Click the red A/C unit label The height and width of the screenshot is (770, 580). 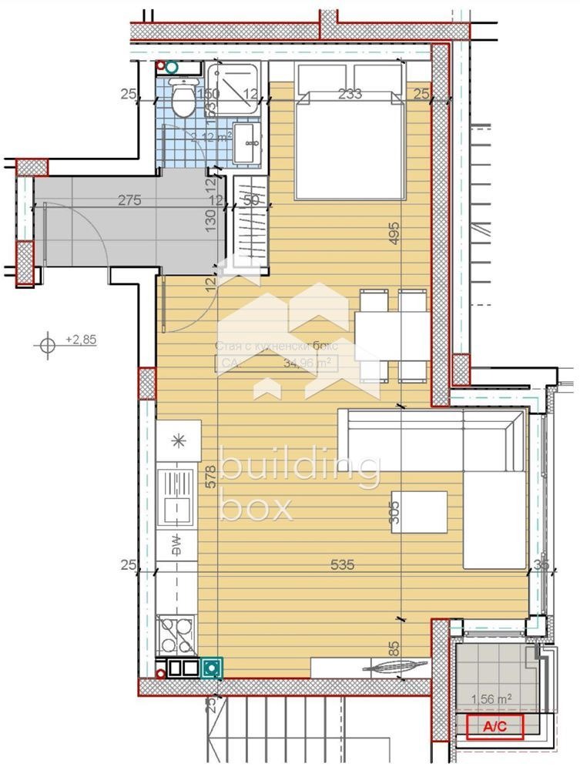point(492,725)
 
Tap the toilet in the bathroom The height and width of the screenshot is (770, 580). point(183,100)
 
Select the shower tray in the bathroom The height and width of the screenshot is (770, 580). point(235,89)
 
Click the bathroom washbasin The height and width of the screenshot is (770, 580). point(248,143)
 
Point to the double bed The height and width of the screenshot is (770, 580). point(350,142)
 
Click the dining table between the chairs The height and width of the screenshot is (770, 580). point(391,336)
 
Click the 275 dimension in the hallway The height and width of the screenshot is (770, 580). point(129,201)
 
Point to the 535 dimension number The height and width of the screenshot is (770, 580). point(342,565)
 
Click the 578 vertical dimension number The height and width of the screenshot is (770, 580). point(210,478)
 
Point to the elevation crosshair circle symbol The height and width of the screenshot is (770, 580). point(48,344)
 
